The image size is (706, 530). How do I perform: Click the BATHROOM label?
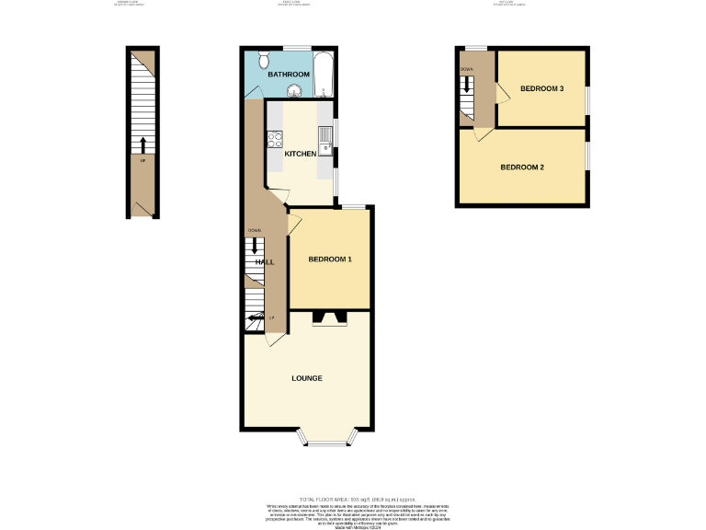(x=288, y=74)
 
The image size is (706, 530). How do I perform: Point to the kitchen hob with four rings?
(x=274, y=140)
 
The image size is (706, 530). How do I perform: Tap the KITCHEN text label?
(x=300, y=154)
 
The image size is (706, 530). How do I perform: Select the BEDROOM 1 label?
(x=329, y=259)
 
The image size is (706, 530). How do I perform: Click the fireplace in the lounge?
(x=330, y=319)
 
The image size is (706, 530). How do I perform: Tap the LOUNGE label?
(x=306, y=378)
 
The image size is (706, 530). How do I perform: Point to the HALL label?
(x=265, y=262)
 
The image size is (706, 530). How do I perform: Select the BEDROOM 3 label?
(x=541, y=88)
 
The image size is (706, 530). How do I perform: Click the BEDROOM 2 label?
(x=522, y=167)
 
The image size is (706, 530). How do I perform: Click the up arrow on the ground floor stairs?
(x=143, y=145)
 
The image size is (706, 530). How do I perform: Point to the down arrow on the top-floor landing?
(x=467, y=84)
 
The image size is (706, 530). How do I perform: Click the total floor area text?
(x=352, y=498)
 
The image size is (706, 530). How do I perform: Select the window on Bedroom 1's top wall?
(x=355, y=208)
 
